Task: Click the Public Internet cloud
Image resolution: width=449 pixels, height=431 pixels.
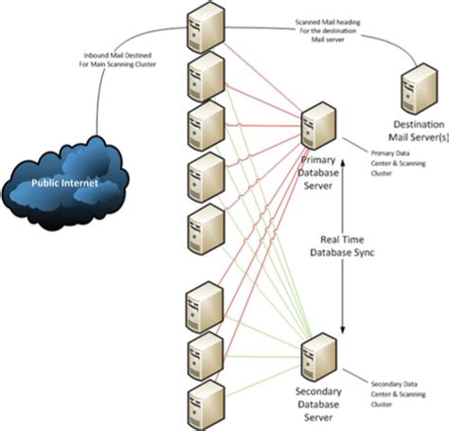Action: point(65,175)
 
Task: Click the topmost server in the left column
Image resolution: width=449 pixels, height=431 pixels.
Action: point(206,25)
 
